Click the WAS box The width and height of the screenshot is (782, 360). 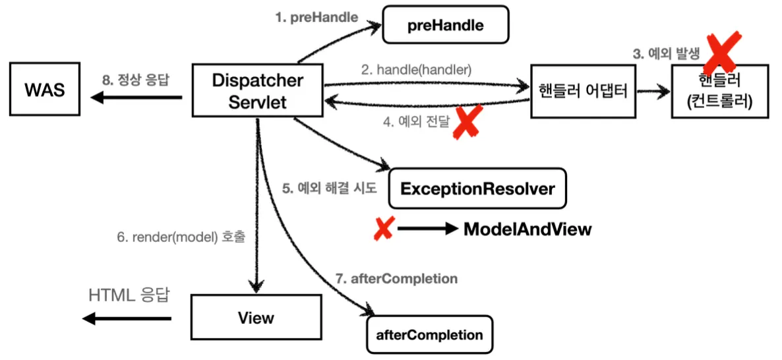44,89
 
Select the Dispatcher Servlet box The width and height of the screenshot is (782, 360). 257,90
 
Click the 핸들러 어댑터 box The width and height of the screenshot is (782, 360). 584,91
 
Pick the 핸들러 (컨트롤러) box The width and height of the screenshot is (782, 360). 721,91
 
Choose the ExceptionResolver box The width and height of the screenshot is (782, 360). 477,189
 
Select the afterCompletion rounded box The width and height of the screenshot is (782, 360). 429,334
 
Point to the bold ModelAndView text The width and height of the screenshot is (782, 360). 527,229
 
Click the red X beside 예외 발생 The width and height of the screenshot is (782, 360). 721,51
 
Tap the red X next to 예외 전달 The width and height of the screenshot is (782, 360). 466,122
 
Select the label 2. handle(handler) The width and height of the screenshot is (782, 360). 416,71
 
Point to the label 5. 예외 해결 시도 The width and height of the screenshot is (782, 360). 330,189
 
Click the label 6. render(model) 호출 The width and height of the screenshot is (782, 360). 181,238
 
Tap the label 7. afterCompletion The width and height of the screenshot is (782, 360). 396,278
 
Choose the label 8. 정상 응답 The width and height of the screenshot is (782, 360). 135,80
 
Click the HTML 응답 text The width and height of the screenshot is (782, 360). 129,295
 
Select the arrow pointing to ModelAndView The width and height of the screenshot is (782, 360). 427,229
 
